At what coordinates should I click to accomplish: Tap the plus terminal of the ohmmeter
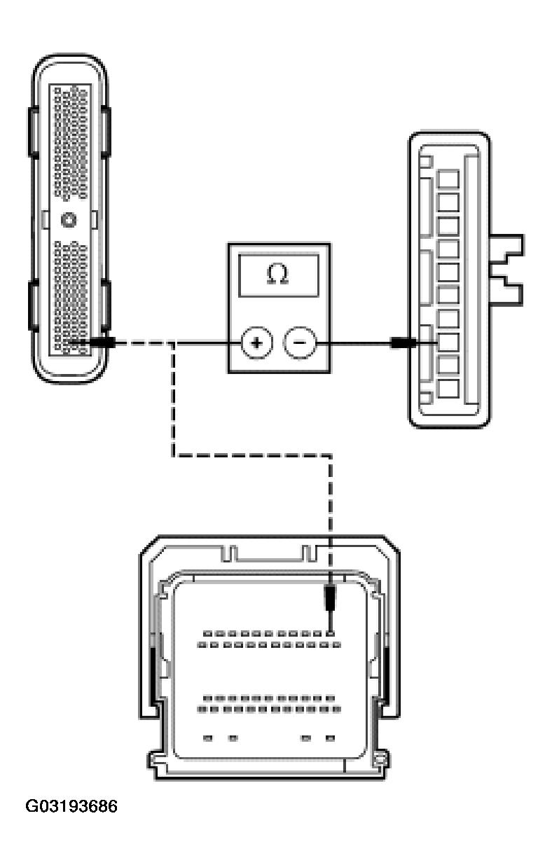point(256,343)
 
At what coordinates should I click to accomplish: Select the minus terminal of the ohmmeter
point(300,343)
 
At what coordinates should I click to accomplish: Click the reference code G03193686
point(71,807)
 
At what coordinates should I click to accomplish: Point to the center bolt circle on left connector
point(69,220)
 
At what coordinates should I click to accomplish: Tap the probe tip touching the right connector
point(404,343)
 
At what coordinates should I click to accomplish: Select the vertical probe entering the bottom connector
point(330,600)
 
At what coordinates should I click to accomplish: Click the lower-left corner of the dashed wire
point(173,456)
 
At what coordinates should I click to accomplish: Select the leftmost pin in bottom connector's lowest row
point(207,738)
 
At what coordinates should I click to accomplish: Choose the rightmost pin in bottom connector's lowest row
point(330,738)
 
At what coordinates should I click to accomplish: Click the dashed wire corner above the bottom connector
point(330,456)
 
